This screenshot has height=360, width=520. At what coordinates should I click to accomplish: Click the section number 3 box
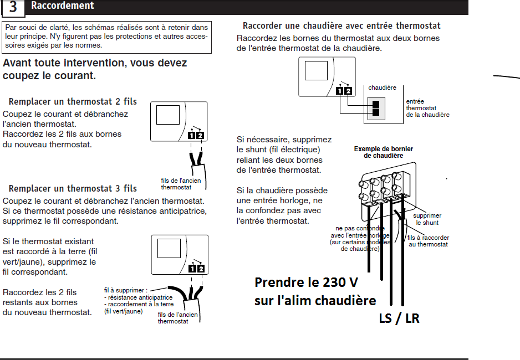point(13,7)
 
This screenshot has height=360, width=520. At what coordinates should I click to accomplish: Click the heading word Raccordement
point(63,6)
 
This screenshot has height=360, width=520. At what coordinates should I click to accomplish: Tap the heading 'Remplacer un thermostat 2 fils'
point(73,102)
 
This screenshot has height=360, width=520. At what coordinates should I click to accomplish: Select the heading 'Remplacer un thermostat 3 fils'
point(73,189)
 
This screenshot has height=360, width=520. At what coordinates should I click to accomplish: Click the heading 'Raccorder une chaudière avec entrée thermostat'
point(341,26)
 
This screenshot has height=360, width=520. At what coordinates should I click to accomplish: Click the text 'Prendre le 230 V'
point(306,282)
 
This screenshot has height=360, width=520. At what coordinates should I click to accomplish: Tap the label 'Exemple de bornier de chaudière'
point(384,152)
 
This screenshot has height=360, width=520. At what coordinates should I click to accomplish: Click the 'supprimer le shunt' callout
point(427,219)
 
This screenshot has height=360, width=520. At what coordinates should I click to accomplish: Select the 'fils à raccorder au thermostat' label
point(427,240)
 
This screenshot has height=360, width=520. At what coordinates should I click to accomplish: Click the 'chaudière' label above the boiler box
point(383,88)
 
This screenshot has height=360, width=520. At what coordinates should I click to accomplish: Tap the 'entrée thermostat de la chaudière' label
point(427,108)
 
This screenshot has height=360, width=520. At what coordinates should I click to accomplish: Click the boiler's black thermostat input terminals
point(376,107)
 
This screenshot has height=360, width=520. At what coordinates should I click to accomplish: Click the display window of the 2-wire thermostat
point(167,115)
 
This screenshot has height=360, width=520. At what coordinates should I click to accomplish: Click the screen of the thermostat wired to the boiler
point(316,70)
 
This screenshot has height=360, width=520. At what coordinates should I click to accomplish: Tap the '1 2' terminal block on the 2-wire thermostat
point(196,135)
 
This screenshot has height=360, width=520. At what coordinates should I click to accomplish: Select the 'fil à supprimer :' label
point(126,290)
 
